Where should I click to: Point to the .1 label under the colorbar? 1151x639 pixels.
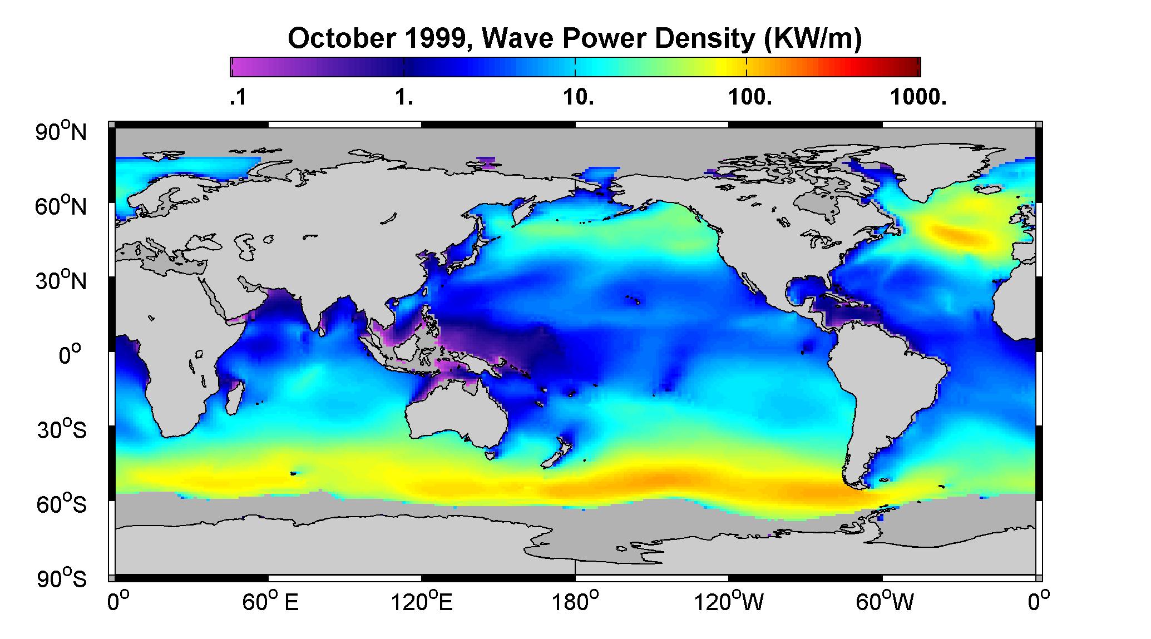coord(238,98)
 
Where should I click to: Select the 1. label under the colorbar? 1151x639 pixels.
coord(404,98)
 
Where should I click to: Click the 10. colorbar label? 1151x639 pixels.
coord(578,98)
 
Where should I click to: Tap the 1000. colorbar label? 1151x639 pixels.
coord(918,98)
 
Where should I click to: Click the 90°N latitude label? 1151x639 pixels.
coord(61,132)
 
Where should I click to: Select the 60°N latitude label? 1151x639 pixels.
coord(61,207)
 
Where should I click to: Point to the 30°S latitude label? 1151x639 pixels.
coord(61,430)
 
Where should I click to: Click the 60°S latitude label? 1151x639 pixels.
coord(61,504)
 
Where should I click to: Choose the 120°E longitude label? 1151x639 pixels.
coord(422,602)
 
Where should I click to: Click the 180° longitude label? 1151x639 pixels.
coord(575,602)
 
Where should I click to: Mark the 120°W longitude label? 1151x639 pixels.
coord(729,602)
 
